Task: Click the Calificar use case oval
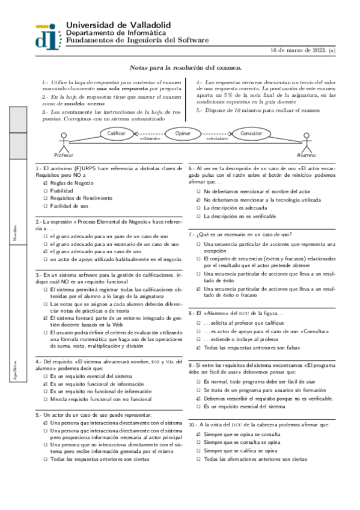coord(117,132)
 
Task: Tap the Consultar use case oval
coord(251,132)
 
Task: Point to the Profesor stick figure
coord(65,143)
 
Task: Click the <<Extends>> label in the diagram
coord(150,139)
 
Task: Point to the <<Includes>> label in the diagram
coord(217,139)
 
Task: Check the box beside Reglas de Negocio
coord(45,183)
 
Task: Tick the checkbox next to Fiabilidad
coord(45,191)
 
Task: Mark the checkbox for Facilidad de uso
coord(45,206)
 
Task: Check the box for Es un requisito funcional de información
coord(45,384)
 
